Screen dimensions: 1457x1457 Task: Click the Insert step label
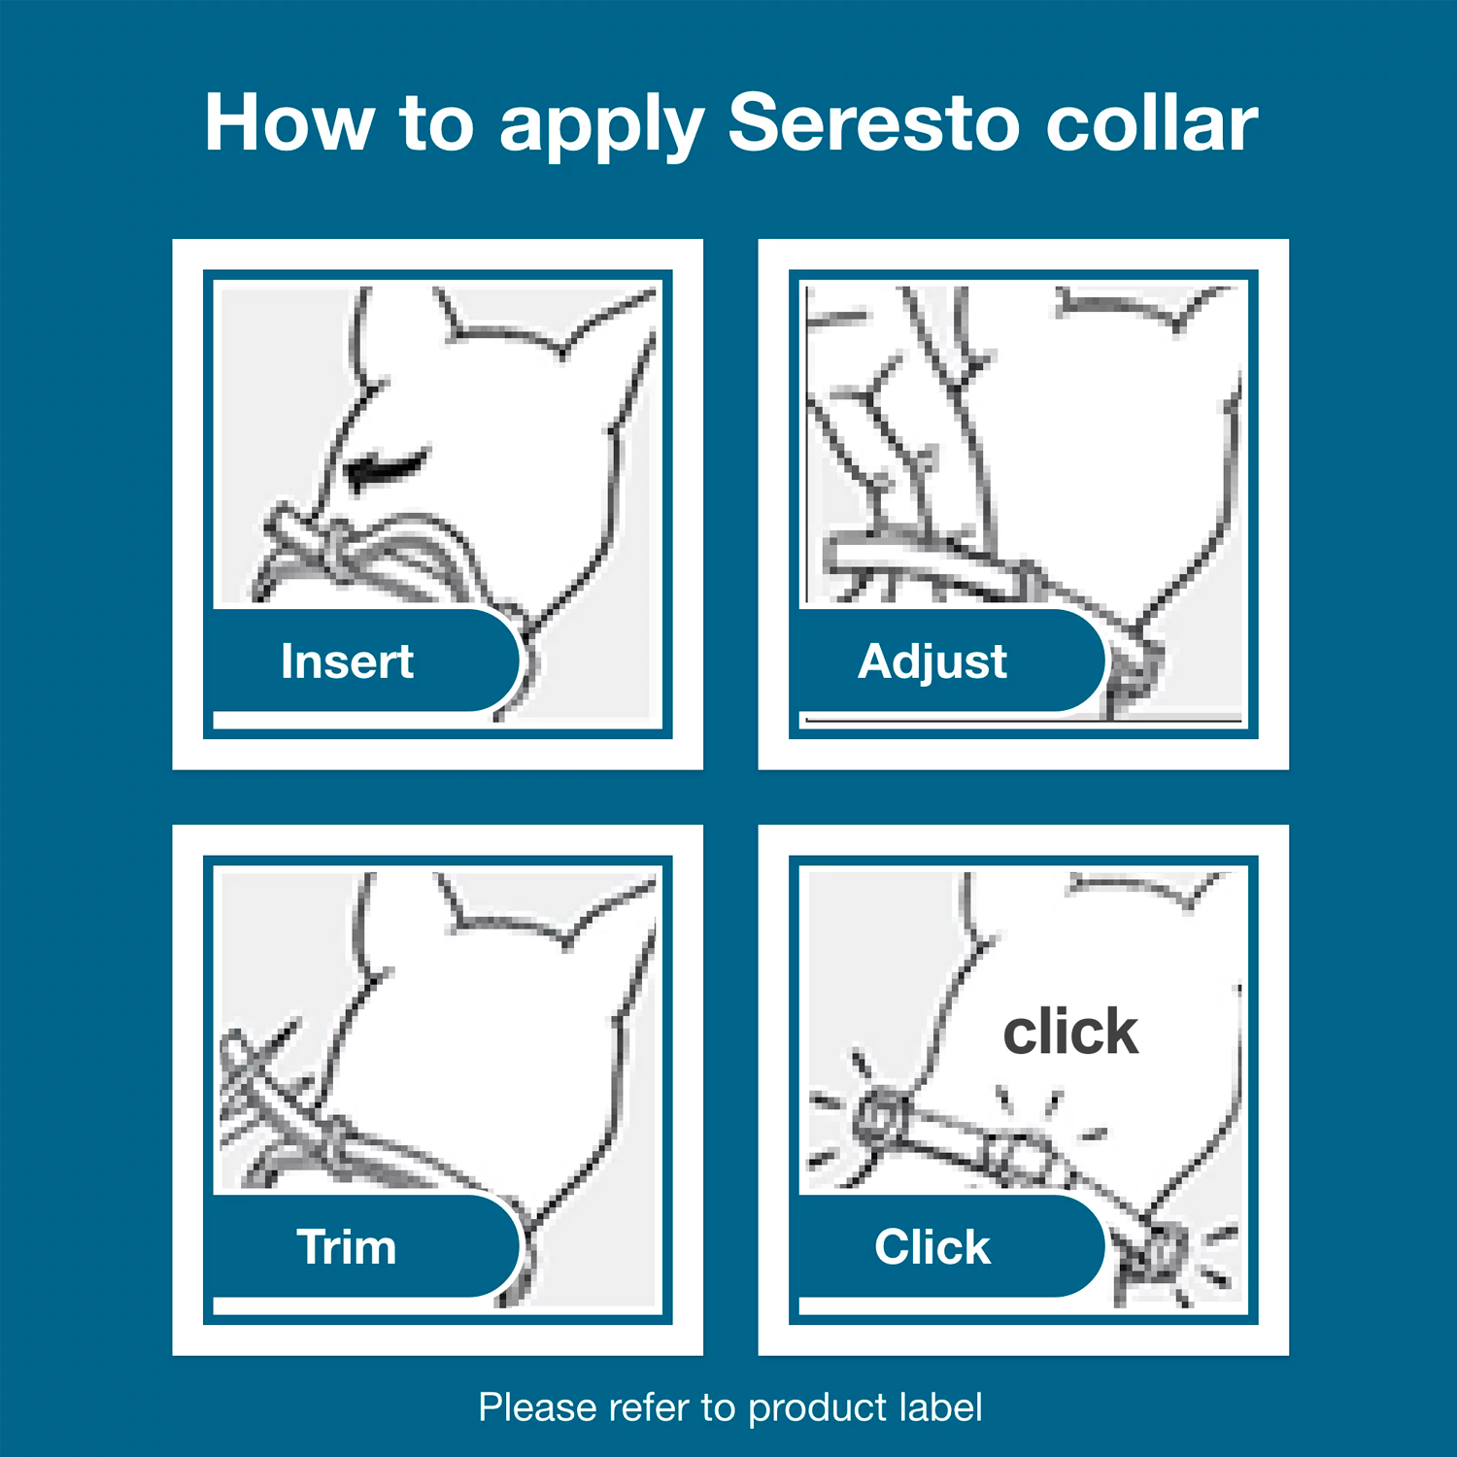point(347,661)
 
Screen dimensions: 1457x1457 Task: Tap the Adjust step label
point(932,661)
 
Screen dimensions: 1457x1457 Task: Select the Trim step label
point(347,1247)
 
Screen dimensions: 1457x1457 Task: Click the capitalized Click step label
point(932,1247)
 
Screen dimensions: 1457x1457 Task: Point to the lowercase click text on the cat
point(1069,1032)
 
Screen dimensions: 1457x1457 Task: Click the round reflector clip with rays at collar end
point(879,1117)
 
